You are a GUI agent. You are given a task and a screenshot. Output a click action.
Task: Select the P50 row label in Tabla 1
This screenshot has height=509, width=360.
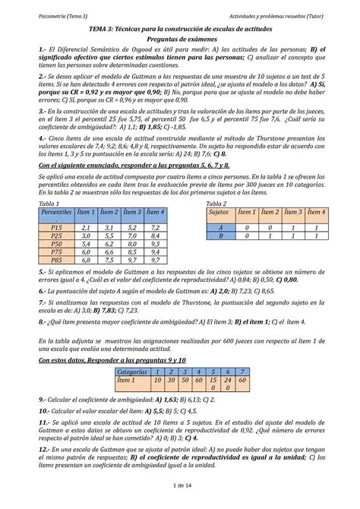pyautogui.click(x=56, y=245)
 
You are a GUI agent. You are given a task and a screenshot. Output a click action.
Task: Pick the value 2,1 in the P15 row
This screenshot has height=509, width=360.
pyautogui.click(x=86, y=227)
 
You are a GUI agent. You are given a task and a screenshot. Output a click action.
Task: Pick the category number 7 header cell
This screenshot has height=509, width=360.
pyautogui.click(x=242, y=371)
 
